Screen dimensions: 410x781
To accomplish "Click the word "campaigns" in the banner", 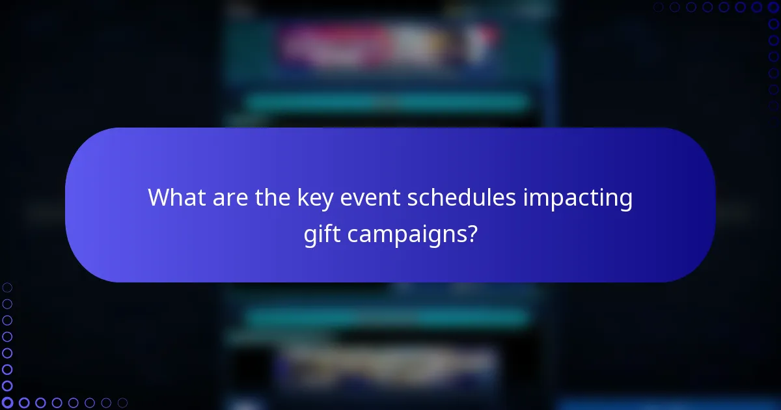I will click(405, 234).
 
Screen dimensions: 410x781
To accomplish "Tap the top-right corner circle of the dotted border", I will click(773, 7).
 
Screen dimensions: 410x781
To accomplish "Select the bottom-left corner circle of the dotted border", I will click(7, 403).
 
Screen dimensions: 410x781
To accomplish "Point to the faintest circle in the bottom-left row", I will click(122, 403).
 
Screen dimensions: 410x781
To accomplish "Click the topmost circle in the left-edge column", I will click(7, 287).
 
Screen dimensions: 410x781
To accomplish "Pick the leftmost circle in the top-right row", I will click(658, 7).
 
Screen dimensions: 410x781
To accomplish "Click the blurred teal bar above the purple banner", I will click(388, 102).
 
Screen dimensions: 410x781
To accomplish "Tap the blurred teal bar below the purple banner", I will click(388, 317).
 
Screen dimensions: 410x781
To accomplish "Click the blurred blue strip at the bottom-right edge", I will click(670, 404).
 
